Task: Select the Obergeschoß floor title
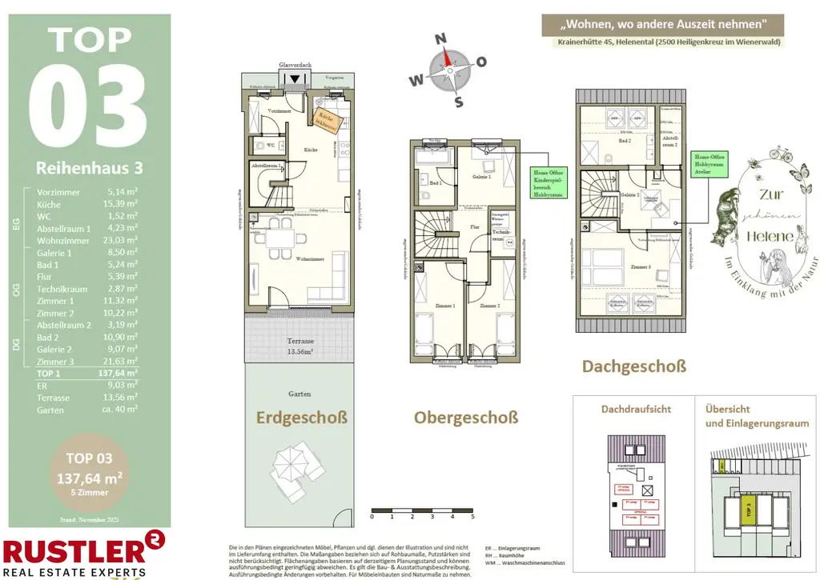(x=465, y=418)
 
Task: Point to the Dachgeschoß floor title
(x=633, y=367)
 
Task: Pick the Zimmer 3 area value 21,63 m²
(x=123, y=362)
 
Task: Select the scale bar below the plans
(x=422, y=510)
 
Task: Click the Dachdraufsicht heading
(x=637, y=409)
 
